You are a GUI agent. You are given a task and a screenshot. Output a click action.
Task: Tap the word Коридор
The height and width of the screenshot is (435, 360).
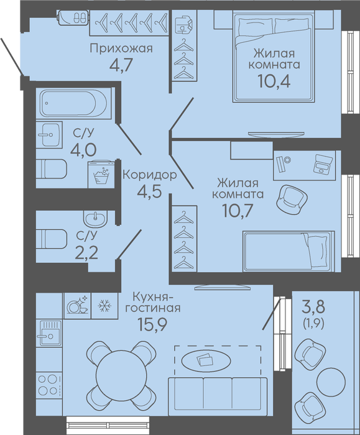(x=150, y=175)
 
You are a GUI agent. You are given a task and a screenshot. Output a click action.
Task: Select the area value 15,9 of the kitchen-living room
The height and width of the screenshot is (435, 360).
(x=152, y=324)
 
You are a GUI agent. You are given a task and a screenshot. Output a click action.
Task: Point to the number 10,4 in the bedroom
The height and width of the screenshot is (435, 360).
(x=274, y=81)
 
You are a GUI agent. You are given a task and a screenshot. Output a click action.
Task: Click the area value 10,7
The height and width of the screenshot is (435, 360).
(x=238, y=211)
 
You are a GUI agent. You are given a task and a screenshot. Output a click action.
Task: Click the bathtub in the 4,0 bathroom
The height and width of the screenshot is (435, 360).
(x=73, y=103)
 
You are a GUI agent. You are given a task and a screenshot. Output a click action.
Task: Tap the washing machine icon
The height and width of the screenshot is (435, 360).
(x=101, y=175)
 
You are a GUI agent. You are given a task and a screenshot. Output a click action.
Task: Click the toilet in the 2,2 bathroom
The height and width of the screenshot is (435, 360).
(x=52, y=239)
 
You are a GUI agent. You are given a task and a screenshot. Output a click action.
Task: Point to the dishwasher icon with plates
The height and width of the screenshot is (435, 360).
(x=78, y=306)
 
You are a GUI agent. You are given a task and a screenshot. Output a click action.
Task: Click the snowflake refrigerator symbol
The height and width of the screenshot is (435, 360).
(x=104, y=306)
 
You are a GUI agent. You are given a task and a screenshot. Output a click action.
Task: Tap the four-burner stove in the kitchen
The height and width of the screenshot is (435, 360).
(x=49, y=385)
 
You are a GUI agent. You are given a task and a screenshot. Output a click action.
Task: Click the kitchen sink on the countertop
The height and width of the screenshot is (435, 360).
(x=49, y=334)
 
